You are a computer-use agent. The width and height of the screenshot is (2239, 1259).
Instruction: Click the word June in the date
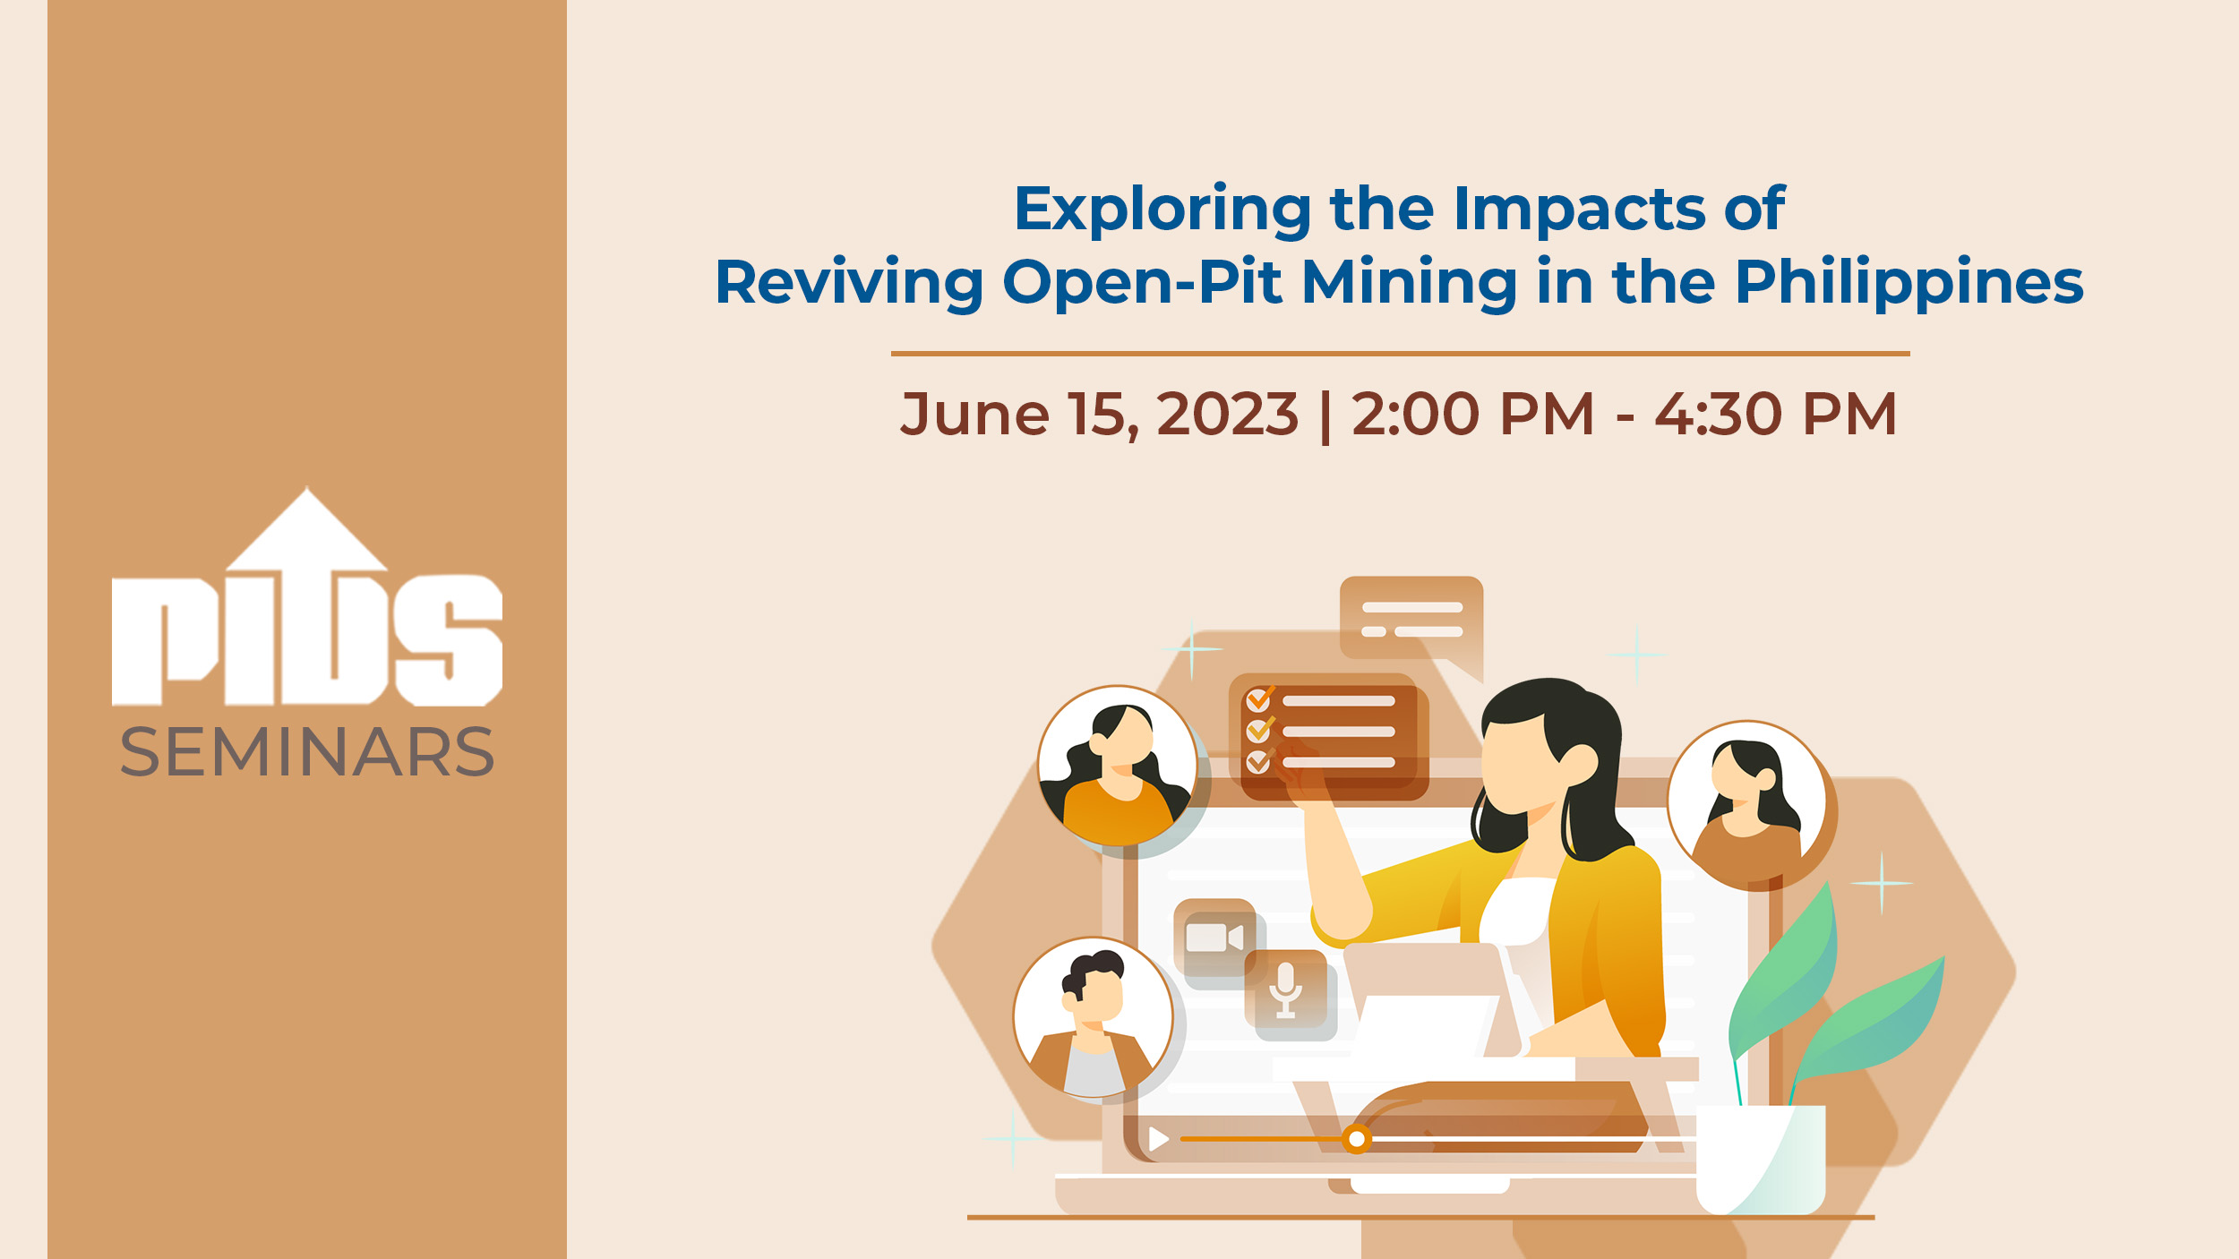[x=974, y=415]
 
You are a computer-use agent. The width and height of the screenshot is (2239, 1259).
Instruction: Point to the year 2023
[x=1227, y=415]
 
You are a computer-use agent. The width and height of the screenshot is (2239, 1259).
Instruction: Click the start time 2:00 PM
[x=1473, y=415]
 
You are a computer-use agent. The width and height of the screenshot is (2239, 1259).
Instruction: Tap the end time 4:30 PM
[x=1776, y=415]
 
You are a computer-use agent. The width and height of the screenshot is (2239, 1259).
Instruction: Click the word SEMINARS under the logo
[x=307, y=751]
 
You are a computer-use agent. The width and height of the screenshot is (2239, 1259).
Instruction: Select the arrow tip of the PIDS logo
[x=307, y=488]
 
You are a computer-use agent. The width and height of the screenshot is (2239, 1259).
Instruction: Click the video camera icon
[x=1214, y=938]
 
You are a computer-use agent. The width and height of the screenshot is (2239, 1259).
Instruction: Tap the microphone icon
[x=1286, y=989]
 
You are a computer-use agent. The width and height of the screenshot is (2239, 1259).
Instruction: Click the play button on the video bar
[x=1159, y=1139]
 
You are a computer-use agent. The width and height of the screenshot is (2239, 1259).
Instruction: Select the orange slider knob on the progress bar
[x=1357, y=1139]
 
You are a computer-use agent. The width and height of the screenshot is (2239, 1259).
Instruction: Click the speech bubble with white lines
[x=1411, y=622]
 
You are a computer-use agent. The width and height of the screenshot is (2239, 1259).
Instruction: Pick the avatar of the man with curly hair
[x=1093, y=1017]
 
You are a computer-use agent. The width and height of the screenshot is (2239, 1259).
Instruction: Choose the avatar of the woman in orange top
[x=1117, y=766]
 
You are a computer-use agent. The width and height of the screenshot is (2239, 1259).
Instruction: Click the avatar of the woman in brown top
[x=1746, y=801]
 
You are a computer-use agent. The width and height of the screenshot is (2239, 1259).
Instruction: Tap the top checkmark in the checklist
[x=1260, y=698]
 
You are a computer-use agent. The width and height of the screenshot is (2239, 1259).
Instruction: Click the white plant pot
[x=1761, y=1160]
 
